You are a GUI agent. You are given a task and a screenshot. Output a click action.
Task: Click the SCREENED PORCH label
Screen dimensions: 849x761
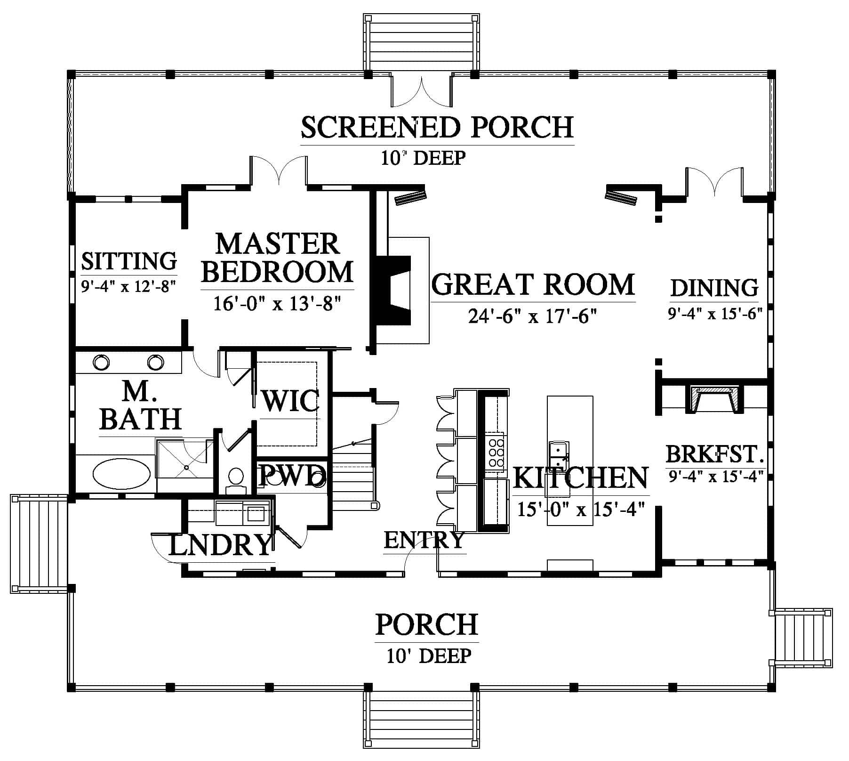click(437, 127)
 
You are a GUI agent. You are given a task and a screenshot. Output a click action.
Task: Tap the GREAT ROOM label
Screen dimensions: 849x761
click(533, 284)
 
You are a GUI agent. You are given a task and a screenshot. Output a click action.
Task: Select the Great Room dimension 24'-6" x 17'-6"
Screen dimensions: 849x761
click(533, 316)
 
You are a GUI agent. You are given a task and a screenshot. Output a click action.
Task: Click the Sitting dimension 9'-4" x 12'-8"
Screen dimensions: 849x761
click(128, 286)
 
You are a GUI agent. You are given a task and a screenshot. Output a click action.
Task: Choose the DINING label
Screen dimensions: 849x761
click(714, 288)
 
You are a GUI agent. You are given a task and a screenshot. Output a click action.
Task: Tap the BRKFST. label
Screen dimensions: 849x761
click(714, 454)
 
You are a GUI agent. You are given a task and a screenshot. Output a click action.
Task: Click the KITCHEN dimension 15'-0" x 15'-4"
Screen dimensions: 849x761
click(580, 509)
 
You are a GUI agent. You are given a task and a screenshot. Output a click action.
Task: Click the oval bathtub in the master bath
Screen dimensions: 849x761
click(121, 474)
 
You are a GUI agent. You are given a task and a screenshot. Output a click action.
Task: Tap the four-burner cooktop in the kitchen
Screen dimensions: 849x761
click(496, 451)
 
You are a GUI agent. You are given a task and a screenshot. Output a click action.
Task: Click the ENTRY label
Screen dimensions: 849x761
click(424, 540)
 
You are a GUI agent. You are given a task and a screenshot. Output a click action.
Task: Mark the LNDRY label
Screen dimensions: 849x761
click(220, 545)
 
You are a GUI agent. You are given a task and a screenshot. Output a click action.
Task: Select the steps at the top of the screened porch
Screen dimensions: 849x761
click(422, 42)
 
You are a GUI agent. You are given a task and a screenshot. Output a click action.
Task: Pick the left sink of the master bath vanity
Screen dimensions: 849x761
click(101, 362)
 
